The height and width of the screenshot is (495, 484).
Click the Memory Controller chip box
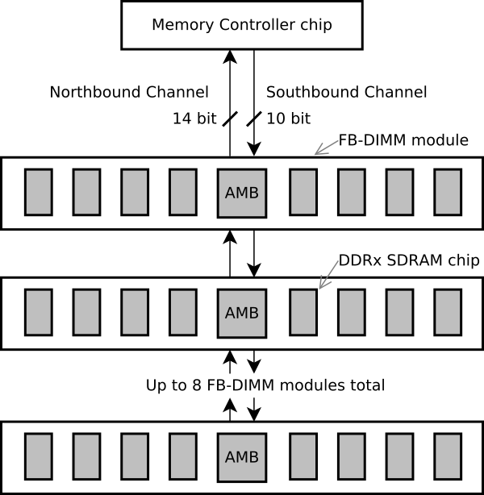(x=242, y=24)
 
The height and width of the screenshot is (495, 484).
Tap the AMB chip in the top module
(x=242, y=193)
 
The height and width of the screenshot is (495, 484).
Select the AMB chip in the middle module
(x=242, y=313)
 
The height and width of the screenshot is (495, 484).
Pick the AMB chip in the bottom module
(x=242, y=457)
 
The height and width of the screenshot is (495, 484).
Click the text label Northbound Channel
(x=129, y=92)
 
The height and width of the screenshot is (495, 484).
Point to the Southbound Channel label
(x=346, y=92)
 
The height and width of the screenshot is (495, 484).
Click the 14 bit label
(x=194, y=119)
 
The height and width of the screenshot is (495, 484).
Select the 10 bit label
(x=288, y=119)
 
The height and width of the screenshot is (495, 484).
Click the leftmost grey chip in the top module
(x=38, y=192)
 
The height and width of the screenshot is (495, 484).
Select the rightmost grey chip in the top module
(x=447, y=192)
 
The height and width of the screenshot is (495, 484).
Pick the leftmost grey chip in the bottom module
(x=38, y=457)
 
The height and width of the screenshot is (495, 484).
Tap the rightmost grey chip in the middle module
(x=447, y=312)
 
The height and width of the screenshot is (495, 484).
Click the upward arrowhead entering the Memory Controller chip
(x=230, y=55)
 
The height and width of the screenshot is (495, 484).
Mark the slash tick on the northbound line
(x=230, y=119)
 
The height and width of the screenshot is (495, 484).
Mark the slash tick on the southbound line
(x=254, y=119)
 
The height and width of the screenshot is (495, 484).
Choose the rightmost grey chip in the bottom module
(x=447, y=457)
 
